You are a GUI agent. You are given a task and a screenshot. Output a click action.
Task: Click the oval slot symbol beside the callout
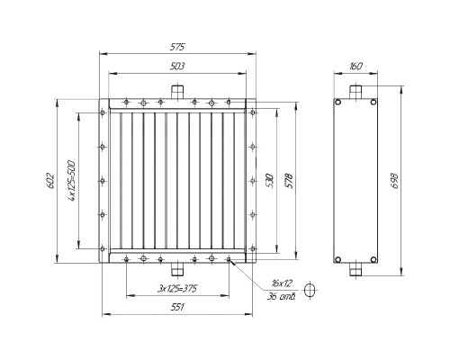tap(311, 290)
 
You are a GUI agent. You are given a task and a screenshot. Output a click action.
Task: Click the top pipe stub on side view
tap(356, 91)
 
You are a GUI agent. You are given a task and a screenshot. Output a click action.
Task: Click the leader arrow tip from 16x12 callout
tap(232, 262)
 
